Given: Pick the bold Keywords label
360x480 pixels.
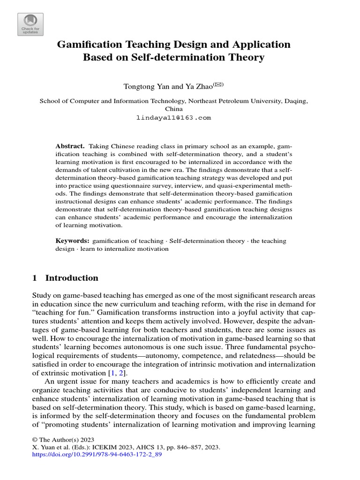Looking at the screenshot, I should [72, 240].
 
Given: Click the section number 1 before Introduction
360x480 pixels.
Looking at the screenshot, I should [34, 278].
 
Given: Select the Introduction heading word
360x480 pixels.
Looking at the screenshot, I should [72, 278].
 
